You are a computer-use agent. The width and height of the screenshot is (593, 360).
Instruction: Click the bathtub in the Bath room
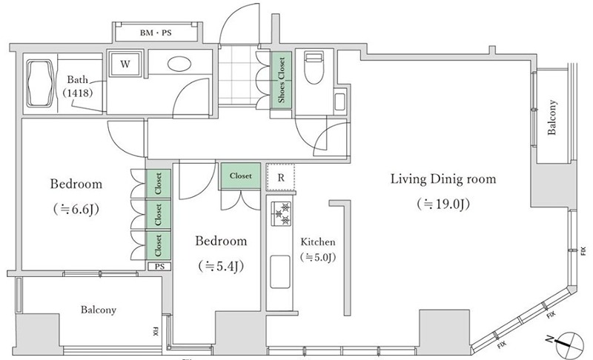tap(39, 83)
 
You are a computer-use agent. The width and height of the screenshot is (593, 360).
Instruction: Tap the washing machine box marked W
tap(125, 64)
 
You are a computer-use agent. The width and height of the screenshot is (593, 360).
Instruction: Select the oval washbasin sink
tap(179, 64)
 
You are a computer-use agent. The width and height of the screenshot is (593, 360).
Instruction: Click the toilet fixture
tap(314, 68)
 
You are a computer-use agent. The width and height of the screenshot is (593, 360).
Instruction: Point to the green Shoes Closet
tap(282, 80)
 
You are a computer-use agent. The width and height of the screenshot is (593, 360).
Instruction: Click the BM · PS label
tap(156, 33)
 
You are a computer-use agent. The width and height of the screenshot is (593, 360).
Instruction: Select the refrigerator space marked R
tap(281, 177)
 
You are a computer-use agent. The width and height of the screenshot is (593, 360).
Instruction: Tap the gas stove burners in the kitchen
tap(281, 213)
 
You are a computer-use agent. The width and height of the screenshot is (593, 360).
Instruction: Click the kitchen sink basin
tap(280, 272)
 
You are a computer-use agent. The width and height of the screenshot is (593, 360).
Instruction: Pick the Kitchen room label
tap(318, 241)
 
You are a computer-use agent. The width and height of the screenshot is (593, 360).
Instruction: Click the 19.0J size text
tap(443, 204)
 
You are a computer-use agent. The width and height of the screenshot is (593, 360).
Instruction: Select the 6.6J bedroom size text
tap(77, 209)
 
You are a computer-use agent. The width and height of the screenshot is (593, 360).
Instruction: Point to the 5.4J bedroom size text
tap(221, 267)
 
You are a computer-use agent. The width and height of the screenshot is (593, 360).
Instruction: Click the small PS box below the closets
tap(159, 267)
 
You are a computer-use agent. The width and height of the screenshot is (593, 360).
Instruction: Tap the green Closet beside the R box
tap(240, 176)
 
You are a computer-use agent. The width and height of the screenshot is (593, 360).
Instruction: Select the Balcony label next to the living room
tap(552, 117)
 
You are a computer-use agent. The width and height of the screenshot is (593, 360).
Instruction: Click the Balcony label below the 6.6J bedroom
tap(99, 310)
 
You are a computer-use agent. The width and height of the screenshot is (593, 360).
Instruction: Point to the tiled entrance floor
tap(236, 77)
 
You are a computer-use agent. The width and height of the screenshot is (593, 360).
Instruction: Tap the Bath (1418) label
tap(78, 86)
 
